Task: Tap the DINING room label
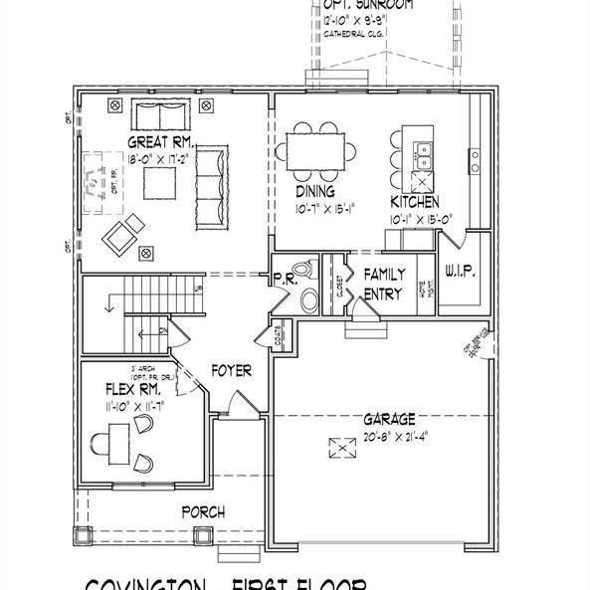pyautogui.click(x=314, y=192)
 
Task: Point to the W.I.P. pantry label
pyautogui.click(x=461, y=270)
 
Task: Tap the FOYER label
pyautogui.click(x=231, y=371)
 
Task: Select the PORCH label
pyautogui.click(x=203, y=512)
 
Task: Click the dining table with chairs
pyautogui.click(x=319, y=151)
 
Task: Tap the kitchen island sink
pyautogui.click(x=423, y=153)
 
